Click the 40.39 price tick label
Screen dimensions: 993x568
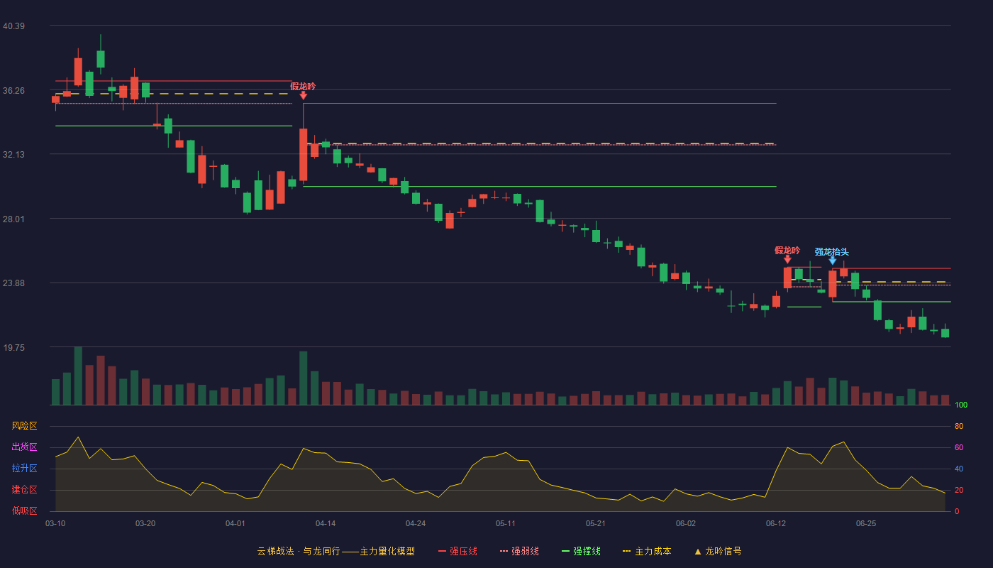[x=13, y=26]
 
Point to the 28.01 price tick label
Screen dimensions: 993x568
[x=13, y=219]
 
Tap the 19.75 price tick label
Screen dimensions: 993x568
[x=13, y=348]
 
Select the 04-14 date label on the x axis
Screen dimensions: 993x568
[x=326, y=524]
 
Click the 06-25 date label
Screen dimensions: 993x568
[x=866, y=524]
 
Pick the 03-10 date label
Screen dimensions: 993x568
[x=55, y=524]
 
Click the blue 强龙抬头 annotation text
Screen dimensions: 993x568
[x=831, y=252]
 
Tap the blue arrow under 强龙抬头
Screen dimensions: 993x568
[x=833, y=261]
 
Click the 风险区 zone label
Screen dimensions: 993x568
[x=24, y=426]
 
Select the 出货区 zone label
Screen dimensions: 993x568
[x=24, y=447]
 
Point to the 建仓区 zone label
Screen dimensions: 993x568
[x=24, y=489]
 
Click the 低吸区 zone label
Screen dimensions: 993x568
[x=24, y=510]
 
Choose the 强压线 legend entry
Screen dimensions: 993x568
[x=458, y=551]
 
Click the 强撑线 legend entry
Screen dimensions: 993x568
[x=581, y=551]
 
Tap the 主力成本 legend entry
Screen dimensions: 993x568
[x=647, y=551]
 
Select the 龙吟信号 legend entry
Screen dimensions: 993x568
[x=718, y=551]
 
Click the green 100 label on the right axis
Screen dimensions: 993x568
[x=961, y=405]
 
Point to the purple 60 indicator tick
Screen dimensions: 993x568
[x=959, y=447]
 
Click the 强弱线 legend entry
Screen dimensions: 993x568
[x=519, y=551]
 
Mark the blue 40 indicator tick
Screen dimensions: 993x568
[x=959, y=469]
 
